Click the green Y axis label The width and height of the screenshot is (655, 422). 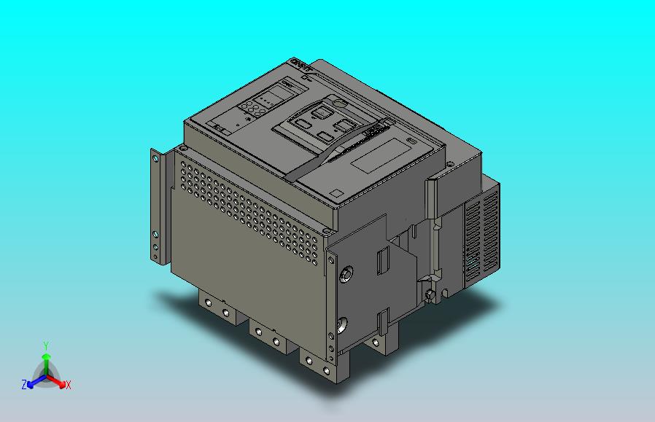point(45,345)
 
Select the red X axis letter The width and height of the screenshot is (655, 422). point(68,385)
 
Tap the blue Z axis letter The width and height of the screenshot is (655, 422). point(24,384)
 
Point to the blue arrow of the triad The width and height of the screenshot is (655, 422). point(33,380)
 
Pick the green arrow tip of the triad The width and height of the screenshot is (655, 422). point(45,356)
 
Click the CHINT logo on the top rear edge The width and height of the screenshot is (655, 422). point(302,67)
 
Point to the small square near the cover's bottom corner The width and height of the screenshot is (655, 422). point(336,193)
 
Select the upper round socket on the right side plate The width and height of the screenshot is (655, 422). point(347,274)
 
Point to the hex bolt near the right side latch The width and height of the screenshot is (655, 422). point(431,294)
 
